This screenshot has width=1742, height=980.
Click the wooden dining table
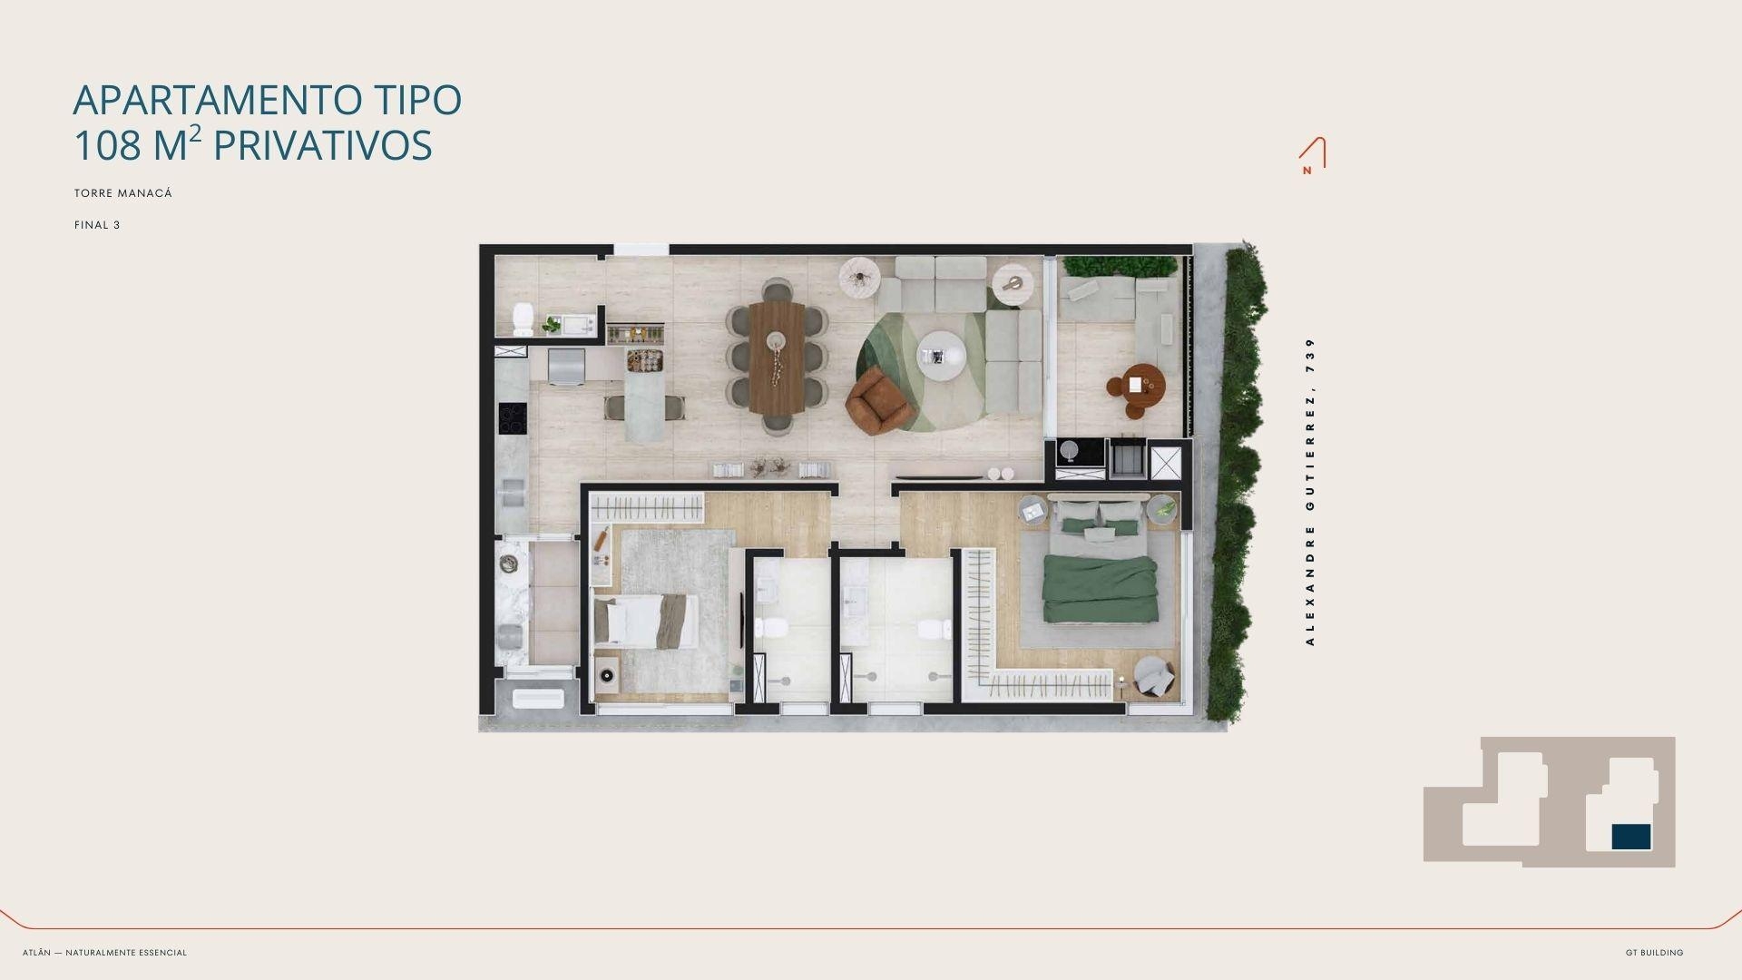(x=776, y=358)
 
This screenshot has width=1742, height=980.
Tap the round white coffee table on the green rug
(x=941, y=353)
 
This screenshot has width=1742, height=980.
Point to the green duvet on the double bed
(x=1100, y=588)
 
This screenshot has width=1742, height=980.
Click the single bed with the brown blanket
(x=646, y=622)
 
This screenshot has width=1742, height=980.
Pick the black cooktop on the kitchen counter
(x=513, y=417)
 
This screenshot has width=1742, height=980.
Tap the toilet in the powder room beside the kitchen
(x=524, y=318)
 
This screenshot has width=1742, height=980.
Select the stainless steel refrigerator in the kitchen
(x=566, y=367)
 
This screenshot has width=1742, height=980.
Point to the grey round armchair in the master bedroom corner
(x=1152, y=676)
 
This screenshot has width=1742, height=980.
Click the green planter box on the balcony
(x=1120, y=266)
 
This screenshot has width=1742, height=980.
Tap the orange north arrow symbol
(x=1312, y=155)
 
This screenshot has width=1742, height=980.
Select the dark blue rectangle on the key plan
(x=1631, y=837)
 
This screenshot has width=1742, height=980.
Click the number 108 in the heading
(x=107, y=145)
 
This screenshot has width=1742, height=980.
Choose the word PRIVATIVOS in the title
(x=322, y=145)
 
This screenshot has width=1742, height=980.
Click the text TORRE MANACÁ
(x=123, y=193)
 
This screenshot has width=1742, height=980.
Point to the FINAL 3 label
(x=97, y=225)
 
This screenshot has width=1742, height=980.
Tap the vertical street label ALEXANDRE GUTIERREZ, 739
(x=1309, y=492)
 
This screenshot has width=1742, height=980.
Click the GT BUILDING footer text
(x=1654, y=953)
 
